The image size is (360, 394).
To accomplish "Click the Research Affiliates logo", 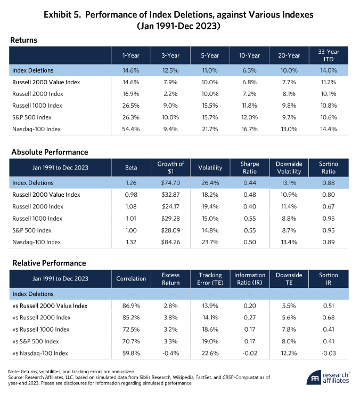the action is (x=328, y=377).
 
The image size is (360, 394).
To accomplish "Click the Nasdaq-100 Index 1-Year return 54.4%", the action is (x=131, y=129).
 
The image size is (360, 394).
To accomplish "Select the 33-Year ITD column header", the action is (x=329, y=55).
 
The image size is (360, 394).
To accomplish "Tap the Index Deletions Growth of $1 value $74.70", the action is (x=170, y=183).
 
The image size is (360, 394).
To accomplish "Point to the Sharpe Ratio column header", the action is (x=250, y=167).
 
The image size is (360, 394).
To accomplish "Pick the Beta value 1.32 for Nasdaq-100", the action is (x=131, y=242).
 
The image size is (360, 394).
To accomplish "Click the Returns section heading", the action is (x=23, y=40).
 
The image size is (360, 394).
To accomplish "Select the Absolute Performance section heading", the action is (x=50, y=152).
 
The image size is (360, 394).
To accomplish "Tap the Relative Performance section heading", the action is (x=49, y=263).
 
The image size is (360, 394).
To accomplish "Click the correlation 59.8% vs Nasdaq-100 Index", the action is (x=131, y=353).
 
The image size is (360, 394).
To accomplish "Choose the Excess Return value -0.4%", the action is (x=170, y=353).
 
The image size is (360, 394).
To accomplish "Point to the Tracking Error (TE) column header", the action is (x=210, y=279).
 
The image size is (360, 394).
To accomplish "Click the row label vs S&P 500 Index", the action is (x=36, y=341).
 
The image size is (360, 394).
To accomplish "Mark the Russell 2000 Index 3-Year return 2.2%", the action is (x=170, y=94).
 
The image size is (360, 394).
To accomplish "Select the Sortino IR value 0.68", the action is (x=329, y=318).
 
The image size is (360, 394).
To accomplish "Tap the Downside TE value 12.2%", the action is (x=289, y=353).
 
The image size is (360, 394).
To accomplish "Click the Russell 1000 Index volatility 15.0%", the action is (x=210, y=219).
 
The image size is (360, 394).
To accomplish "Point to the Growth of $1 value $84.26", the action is (x=170, y=242).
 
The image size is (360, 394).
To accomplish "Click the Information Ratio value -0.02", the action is (x=250, y=353).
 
